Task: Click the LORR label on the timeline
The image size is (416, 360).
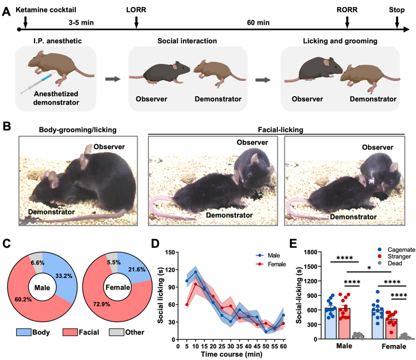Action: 136,10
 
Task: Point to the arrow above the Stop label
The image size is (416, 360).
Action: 397,21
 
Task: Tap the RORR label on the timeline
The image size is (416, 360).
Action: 347,10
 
